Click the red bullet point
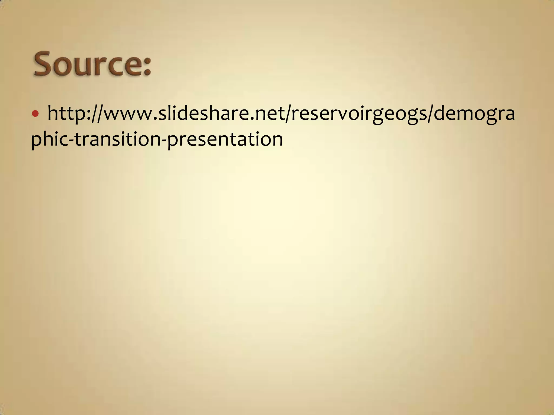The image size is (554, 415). click(x=35, y=114)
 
